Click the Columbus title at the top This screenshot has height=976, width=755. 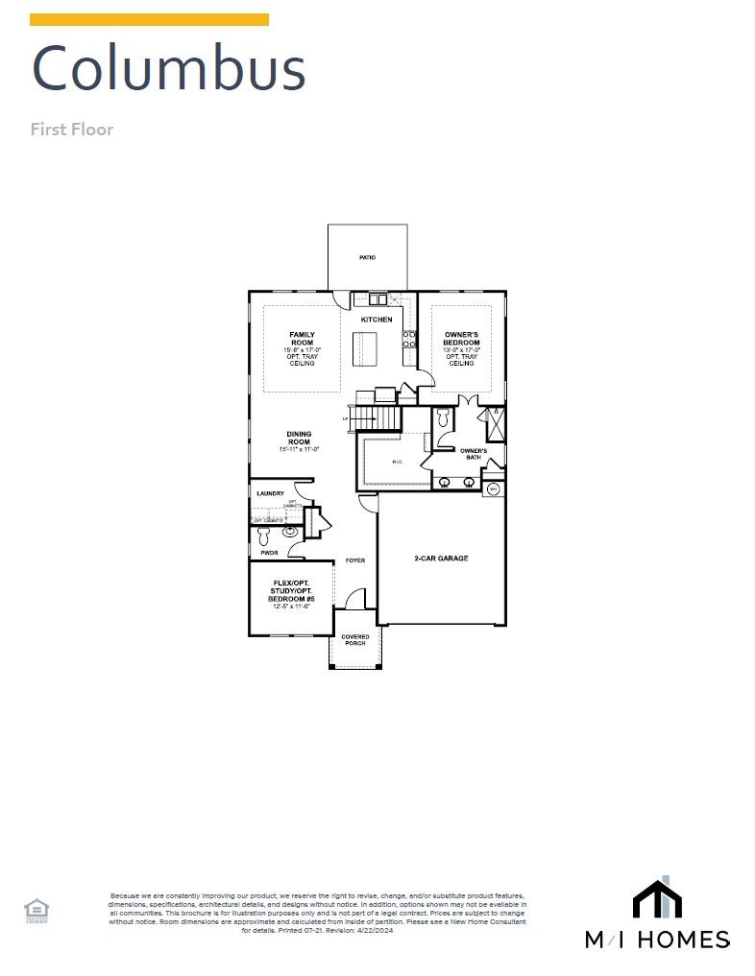pos(168,69)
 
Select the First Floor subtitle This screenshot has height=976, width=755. pos(72,129)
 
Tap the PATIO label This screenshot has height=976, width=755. pos(367,258)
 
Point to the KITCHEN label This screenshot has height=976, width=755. pos(377,319)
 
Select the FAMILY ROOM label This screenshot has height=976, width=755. pos(302,339)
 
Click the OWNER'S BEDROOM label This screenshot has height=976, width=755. pos(461,339)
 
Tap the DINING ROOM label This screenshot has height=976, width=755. pos(299,438)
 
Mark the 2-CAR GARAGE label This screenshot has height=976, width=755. pos(441,558)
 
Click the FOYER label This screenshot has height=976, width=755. pos(355,560)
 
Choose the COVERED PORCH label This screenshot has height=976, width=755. pos(354,639)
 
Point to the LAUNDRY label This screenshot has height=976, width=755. pos(270,494)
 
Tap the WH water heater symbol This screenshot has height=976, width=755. pos(494,489)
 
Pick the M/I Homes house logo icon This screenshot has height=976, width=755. pos(657,899)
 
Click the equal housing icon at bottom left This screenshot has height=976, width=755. pos(37,909)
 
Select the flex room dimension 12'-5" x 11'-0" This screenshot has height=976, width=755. pos(291,607)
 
